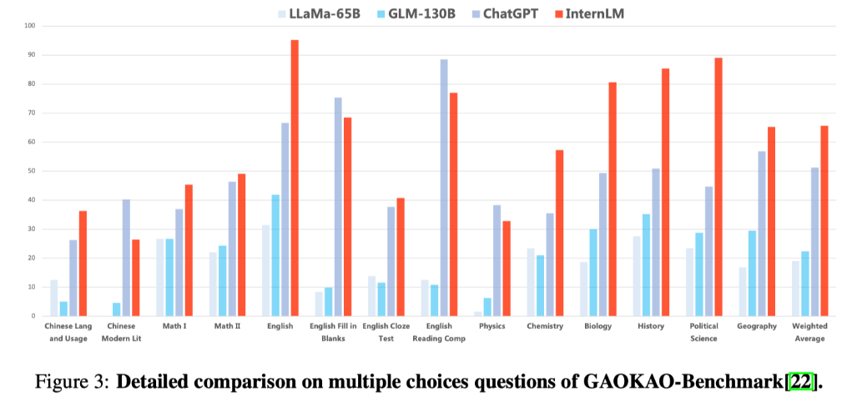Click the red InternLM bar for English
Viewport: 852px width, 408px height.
[x=295, y=178]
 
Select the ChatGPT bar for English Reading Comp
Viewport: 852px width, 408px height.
[x=444, y=188]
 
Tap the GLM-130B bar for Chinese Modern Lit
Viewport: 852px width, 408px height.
[x=116, y=309]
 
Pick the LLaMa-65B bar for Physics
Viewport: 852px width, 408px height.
[x=476, y=314]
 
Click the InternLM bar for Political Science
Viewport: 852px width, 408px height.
[x=718, y=187]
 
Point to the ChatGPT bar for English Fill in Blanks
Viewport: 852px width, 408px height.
[x=338, y=206]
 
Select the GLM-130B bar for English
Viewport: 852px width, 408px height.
[x=275, y=255]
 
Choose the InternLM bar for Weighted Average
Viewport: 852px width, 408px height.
[x=824, y=220]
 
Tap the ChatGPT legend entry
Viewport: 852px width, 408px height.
[x=505, y=13]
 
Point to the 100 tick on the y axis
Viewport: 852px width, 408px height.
[x=29, y=26]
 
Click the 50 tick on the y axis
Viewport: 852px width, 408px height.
[x=31, y=171]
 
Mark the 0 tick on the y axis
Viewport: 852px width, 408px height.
[x=33, y=316]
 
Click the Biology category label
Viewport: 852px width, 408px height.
[x=598, y=326]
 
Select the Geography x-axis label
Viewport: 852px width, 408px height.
[x=757, y=326]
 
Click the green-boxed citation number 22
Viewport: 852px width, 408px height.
[x=803, y=382]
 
